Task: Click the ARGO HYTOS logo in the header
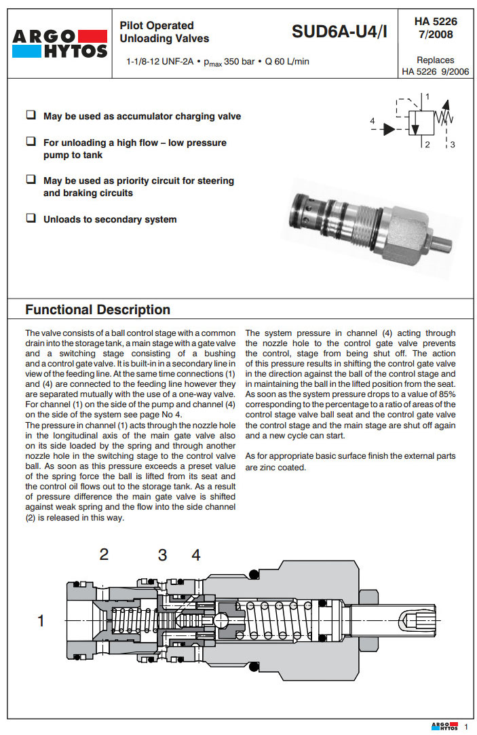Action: (x=58, y=43)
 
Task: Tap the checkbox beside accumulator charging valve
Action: (x=31, y=115)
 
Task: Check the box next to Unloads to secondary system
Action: (x=31, y=219)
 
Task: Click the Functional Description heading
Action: (x=98, y=310)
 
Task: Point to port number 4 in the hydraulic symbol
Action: (x=373, y=121)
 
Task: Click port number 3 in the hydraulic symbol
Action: (x=453, y=145)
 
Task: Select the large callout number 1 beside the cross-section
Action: (x=41, y=620)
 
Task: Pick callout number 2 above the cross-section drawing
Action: (x=104, y=554)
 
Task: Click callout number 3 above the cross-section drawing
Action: (x=162, y=555)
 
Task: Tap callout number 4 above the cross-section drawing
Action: (x=196, y=555)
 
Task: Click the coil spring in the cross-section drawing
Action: (x=278, y=620)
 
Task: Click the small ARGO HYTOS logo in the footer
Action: (x=445, y=727)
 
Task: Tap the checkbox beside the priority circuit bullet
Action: (x=31, y=180)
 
